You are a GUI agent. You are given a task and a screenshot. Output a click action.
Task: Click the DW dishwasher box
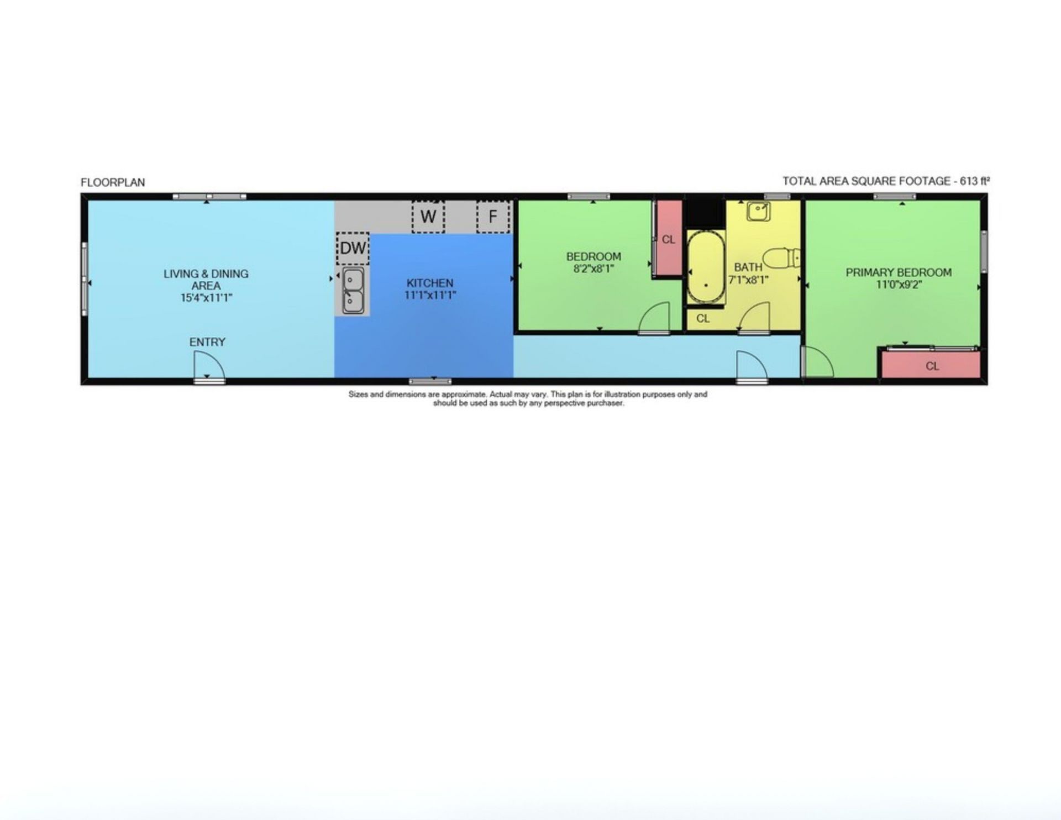[x=353, y=248]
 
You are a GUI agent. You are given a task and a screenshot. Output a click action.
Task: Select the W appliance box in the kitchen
[x=428, y=217]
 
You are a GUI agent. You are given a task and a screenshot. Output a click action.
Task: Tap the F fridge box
[x=493, y=217]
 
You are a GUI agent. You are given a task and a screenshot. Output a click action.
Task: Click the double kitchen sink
[x=353, y=291]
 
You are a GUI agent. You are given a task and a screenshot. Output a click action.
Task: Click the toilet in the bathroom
[x=781, y=258]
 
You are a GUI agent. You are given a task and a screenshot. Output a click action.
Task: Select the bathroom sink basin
[x=758, y=211]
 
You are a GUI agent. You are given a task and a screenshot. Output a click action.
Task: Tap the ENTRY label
[x=207, y=342]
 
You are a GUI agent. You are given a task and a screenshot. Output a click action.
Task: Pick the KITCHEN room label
[x=430, y=283]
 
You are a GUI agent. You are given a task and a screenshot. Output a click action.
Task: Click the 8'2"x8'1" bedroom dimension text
[x=593, y=269]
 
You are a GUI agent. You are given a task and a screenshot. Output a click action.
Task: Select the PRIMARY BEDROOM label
[x=899, y=272]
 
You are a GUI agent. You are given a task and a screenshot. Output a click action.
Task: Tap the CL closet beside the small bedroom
[x=668, y=238]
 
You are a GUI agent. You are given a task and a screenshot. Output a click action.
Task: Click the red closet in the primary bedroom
[x=931, y=365]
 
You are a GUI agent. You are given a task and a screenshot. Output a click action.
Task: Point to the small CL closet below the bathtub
[x=703, y=319]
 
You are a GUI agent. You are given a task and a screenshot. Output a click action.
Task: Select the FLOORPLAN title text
[x=113, y=182]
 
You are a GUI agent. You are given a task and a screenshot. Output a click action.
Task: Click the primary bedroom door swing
[x=818, y=362]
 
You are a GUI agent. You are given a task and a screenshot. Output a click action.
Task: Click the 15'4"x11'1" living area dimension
[x=206, y=298]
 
